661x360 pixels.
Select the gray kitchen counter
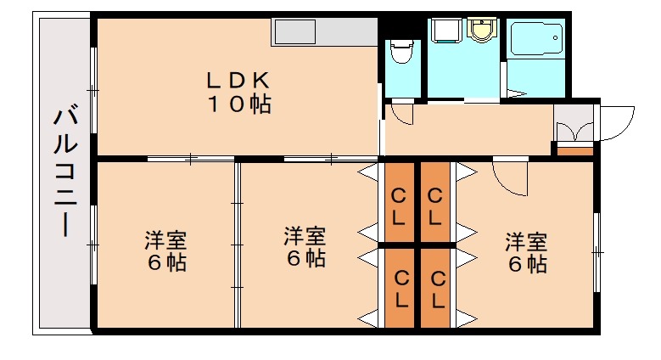(x=324, y=34)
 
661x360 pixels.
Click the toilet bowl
(x=401, y=53)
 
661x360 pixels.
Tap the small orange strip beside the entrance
(x=574, y=151)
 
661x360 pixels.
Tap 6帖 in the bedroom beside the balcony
(x=165, y=263)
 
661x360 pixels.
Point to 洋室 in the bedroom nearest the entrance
(x=526, y=241)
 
